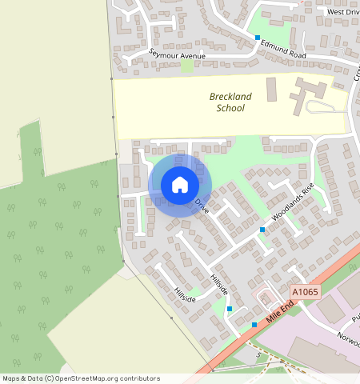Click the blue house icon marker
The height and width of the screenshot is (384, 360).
click(180, 185)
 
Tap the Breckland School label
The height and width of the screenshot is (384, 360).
click(230, 102)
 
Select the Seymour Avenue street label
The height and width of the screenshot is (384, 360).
click(177, 55)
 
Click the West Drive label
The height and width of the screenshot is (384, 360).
click(343, 12)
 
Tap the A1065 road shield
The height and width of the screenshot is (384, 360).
click(305, 292)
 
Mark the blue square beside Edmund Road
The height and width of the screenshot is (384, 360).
click(258, 38)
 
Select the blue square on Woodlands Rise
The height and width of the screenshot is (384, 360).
click(262, 230)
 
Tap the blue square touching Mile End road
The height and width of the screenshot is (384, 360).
click(254, 325)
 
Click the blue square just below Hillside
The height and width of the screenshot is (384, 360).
click(230, 309)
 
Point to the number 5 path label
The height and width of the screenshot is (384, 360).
click(258, 353)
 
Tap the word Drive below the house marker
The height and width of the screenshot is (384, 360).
click(202, 207)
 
